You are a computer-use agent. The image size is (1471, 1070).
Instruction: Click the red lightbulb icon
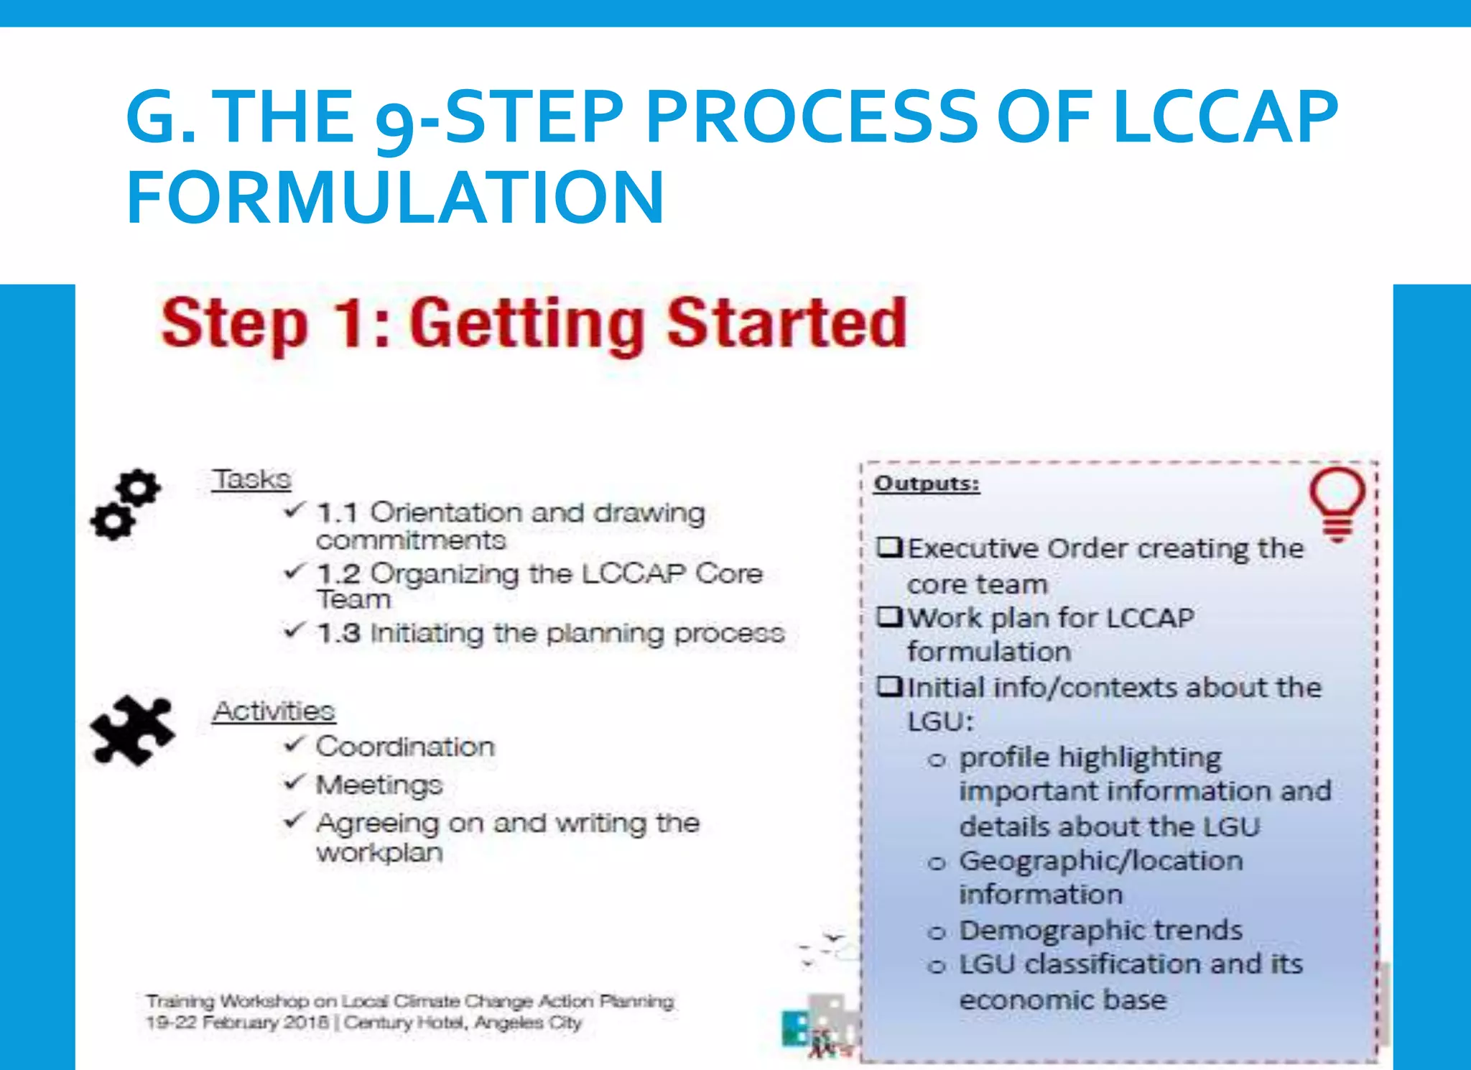pos(1337,504)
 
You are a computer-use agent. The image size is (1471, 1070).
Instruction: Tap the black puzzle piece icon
pos(132,729)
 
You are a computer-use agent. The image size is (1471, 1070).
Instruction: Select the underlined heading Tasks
pos(251,479)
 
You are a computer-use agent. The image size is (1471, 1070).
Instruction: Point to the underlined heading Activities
pos(274,711)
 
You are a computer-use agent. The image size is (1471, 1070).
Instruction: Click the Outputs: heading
pos(927,484)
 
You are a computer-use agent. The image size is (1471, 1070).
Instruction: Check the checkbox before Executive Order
pos(889,548)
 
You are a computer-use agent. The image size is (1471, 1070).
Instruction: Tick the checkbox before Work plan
pos(889,617)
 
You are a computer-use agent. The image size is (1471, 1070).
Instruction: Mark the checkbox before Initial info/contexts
pos(889,686)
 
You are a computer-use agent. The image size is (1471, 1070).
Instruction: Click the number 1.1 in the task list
pos(337,514)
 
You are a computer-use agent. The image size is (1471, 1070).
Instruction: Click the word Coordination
pos(405,747)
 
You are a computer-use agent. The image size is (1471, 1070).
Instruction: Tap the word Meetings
pos(379,785)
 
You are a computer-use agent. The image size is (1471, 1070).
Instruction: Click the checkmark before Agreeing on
pos(294,820)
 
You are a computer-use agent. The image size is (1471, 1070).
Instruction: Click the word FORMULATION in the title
pos(395,197)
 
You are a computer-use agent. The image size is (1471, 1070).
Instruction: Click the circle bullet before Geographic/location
pos(937,863)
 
